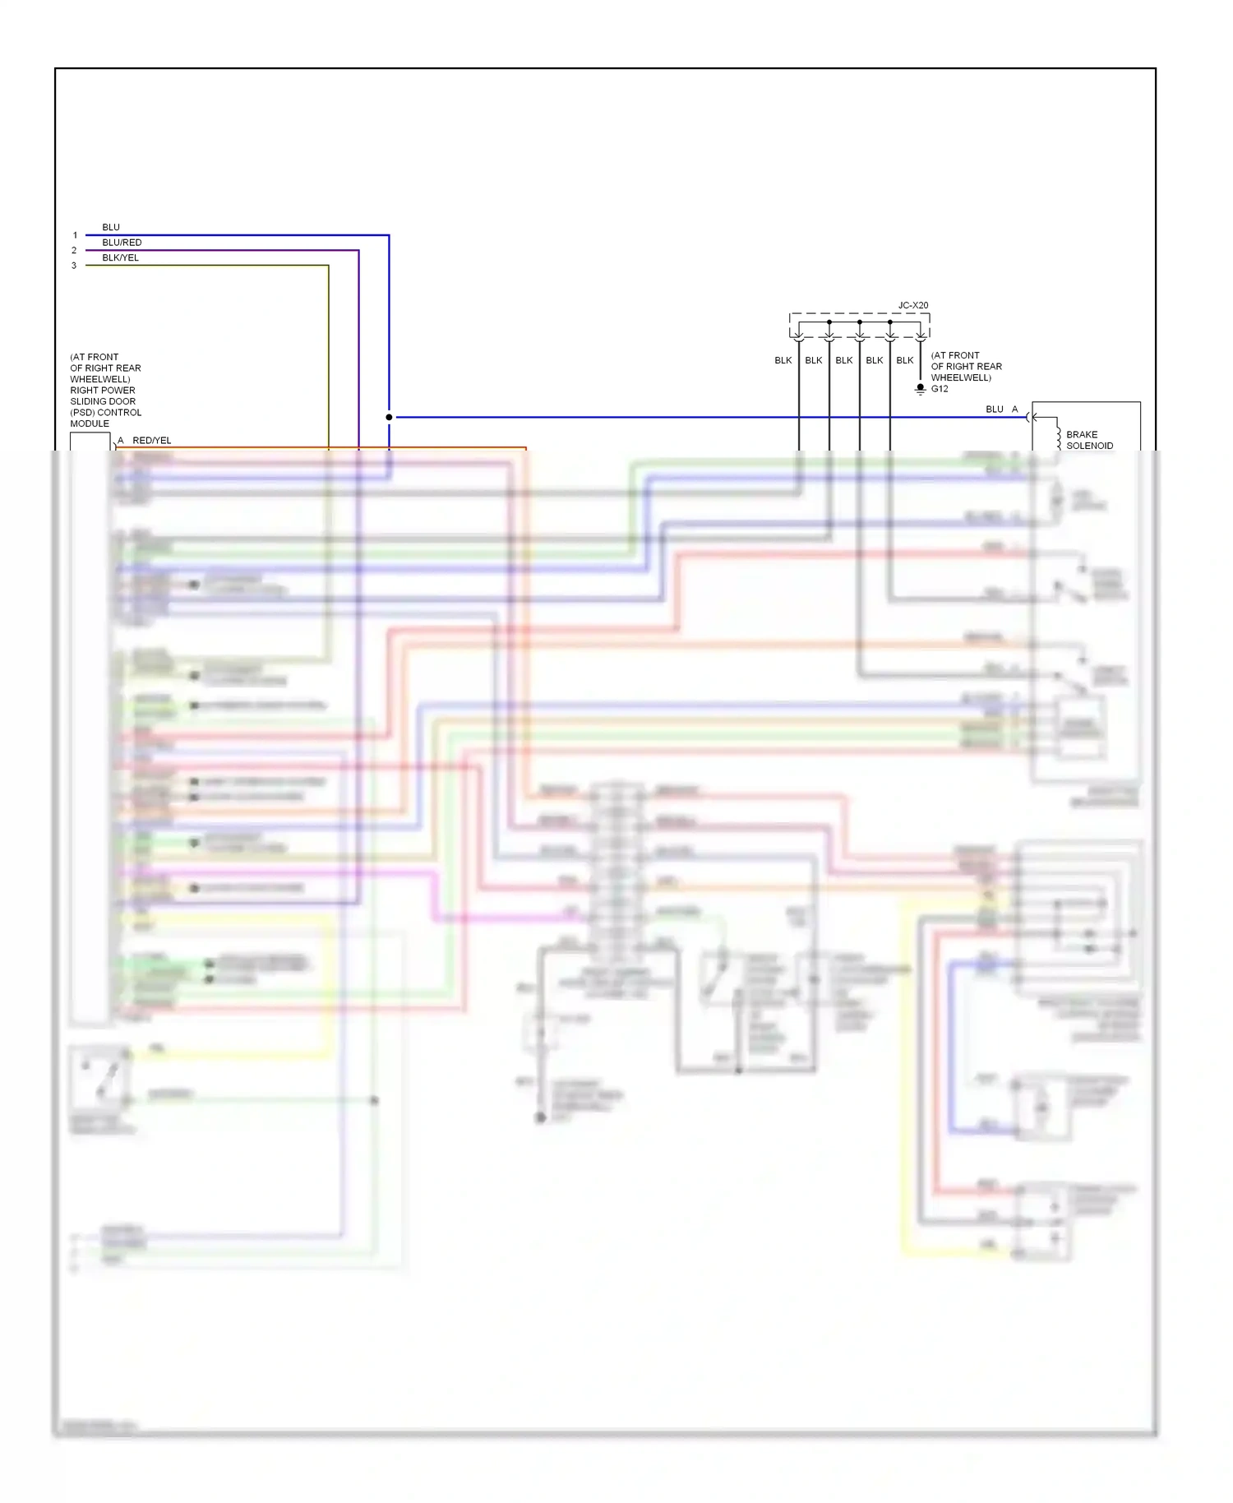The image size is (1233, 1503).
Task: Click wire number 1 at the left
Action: (x=75, y=235)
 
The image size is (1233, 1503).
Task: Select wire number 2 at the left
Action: (x=74, y=250)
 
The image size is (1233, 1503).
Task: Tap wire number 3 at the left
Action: (x=74, y=266)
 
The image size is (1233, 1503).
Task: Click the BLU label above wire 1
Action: (x=111, y=227)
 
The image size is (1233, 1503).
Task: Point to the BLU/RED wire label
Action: (x=122, y=243)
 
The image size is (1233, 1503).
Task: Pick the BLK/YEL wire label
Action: (x=120, y=257)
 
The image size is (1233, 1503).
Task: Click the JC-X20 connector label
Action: (x=912, y=305)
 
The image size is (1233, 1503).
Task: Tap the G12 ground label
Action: (x=940, y=389)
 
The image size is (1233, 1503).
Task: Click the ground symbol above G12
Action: (x=921, y=388)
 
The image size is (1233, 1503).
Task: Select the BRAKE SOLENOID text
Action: (x=1089, y=440)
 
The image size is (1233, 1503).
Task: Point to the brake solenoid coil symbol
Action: (x=1058, y=434)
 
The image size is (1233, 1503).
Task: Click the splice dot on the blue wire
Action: (x=389, y=417)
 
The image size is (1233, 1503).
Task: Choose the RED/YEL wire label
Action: (x=152, y=441)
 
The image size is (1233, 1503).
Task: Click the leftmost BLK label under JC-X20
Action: (x=783, y=360)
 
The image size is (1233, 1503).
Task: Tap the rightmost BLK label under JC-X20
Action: (x=904, y=360)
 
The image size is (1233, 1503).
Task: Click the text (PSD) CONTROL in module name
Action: (x=105, y=413)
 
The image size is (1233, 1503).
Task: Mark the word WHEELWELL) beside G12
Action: (x=961, y=377)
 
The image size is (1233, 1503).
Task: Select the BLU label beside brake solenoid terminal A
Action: (x=994, y=409)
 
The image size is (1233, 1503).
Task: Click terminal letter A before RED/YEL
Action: (x=121, y=441)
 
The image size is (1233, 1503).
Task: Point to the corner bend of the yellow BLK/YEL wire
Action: (x=329, y=266)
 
